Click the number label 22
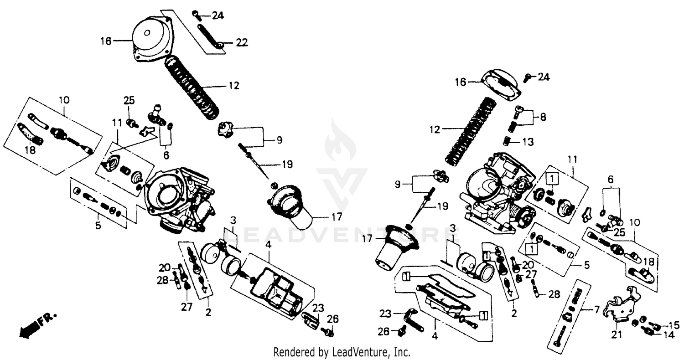coord(241,43)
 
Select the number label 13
coord(527,142)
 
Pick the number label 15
coord(674,325)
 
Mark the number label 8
coord(543,117)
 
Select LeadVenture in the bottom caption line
coord(360,352)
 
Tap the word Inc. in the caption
coord(402,352)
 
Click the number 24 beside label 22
coord(218,16)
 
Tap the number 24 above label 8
coord(543,77)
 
